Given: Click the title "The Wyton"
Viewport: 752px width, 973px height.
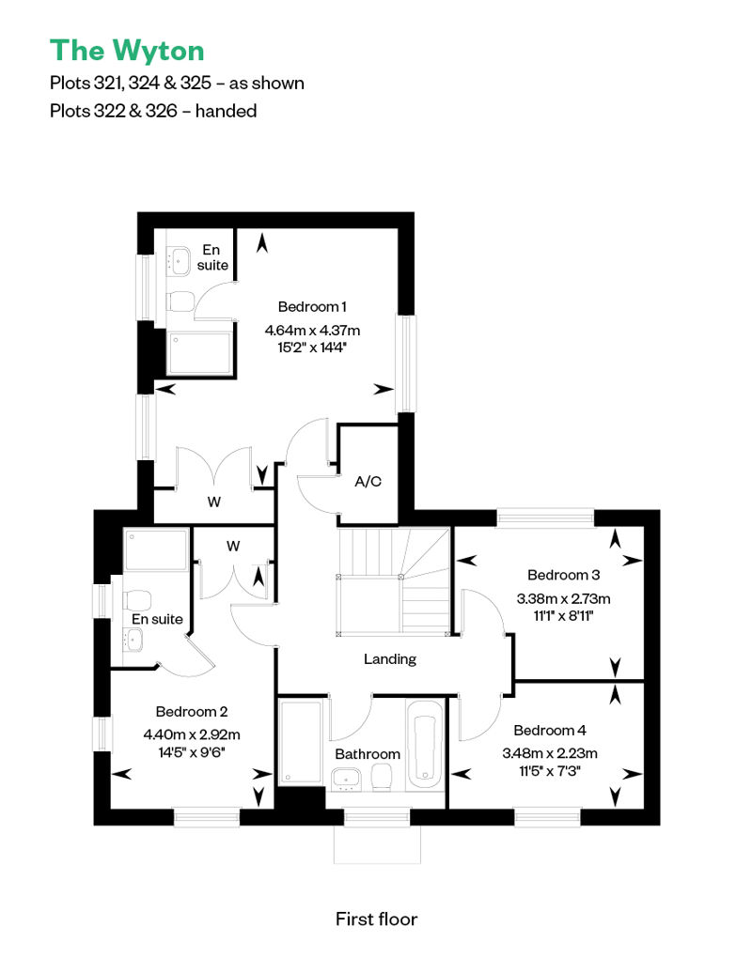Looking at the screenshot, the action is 127,51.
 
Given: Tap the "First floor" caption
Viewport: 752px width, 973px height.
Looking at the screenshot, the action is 376,919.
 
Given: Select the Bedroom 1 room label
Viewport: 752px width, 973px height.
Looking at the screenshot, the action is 312,306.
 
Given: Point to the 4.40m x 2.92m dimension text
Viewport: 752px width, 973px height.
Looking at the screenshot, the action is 191,734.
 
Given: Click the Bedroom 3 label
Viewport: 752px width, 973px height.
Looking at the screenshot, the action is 563,575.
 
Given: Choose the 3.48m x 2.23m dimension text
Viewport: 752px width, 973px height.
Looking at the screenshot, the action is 550,753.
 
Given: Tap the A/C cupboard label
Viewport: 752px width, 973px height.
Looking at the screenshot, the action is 368,482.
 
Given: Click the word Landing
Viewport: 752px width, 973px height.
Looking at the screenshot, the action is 390,659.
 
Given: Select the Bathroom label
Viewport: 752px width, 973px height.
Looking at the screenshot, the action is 368,754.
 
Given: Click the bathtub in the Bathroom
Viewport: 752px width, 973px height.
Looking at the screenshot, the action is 425,746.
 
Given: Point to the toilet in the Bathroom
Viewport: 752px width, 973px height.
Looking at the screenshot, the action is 382,778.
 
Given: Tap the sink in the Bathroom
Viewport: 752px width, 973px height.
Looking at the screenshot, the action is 347,779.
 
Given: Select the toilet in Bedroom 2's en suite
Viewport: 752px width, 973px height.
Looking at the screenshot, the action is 137,601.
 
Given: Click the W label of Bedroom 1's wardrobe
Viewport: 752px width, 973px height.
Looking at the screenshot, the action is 213,502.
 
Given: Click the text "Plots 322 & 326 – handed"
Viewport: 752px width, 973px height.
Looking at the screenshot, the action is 153,111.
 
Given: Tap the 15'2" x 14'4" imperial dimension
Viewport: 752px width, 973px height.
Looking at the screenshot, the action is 312,347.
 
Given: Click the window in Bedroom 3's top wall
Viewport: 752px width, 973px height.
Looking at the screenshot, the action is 545,517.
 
